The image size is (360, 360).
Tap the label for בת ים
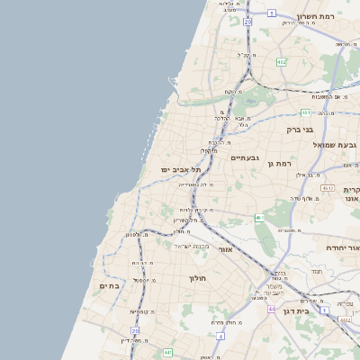click(108, 285)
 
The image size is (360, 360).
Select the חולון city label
click(197, 278)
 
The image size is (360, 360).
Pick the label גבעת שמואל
click(335, 145)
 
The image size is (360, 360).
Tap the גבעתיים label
click(245, 158)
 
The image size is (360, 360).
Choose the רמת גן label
click(283, 163)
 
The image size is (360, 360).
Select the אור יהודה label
click(338, 247)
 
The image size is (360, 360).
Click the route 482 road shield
click(282, 62)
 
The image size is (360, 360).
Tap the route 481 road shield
click(305, 112)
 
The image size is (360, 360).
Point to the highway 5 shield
click(272, 13)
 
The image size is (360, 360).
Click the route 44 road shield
click(271, 309)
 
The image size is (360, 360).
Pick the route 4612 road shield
click(326, 188)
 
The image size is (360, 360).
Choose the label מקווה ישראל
click(192, 246)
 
